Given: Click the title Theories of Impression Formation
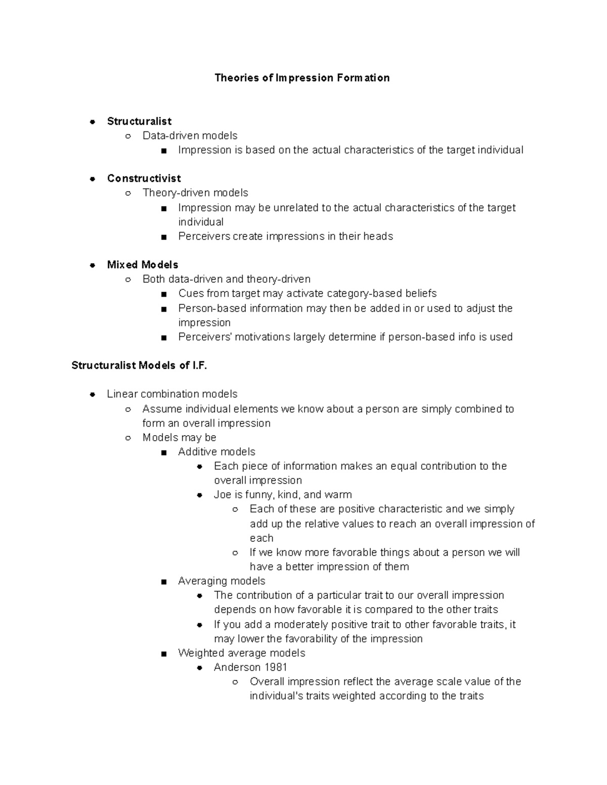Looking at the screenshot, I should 302,78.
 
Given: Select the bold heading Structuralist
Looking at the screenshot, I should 139,121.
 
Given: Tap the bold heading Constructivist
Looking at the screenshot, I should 144,178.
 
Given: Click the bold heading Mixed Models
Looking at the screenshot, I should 143,265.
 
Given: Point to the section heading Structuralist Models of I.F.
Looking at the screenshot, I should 139,365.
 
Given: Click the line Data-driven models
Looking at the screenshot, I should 190,135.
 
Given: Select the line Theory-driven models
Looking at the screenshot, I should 195,193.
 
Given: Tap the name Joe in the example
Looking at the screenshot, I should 222,495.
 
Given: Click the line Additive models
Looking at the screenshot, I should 216,452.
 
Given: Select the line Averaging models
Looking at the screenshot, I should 222,581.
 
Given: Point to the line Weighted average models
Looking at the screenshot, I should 241,653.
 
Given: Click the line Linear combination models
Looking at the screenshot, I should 172,394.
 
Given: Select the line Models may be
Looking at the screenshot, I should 179,438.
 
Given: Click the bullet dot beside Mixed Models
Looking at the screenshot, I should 93,265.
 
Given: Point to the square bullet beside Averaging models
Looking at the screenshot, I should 163,582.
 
